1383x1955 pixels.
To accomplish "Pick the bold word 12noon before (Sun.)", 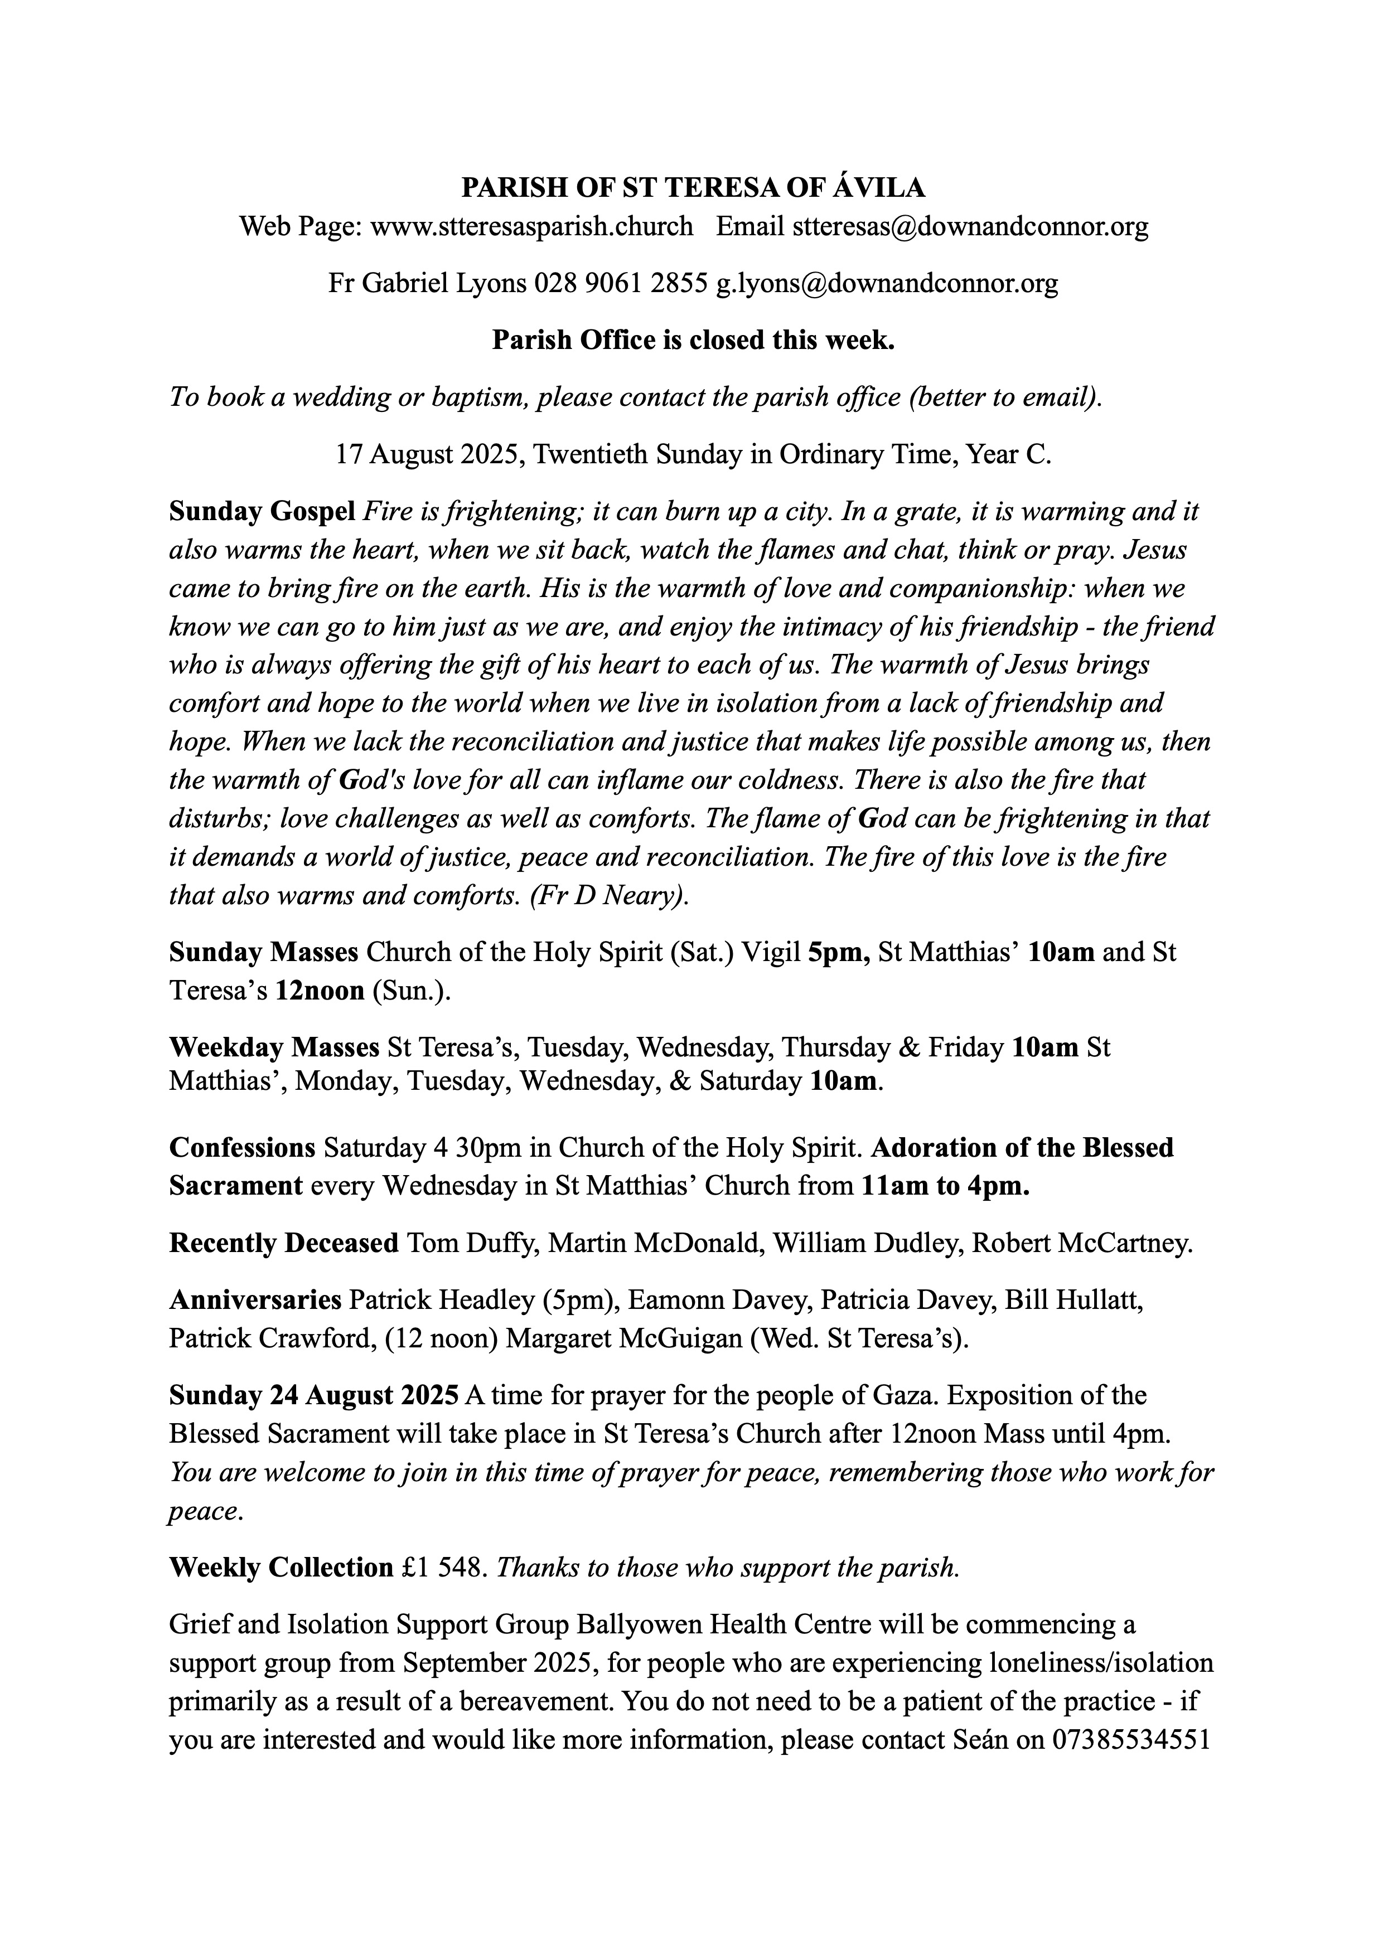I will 320,991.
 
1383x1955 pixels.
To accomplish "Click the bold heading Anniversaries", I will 255,1299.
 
